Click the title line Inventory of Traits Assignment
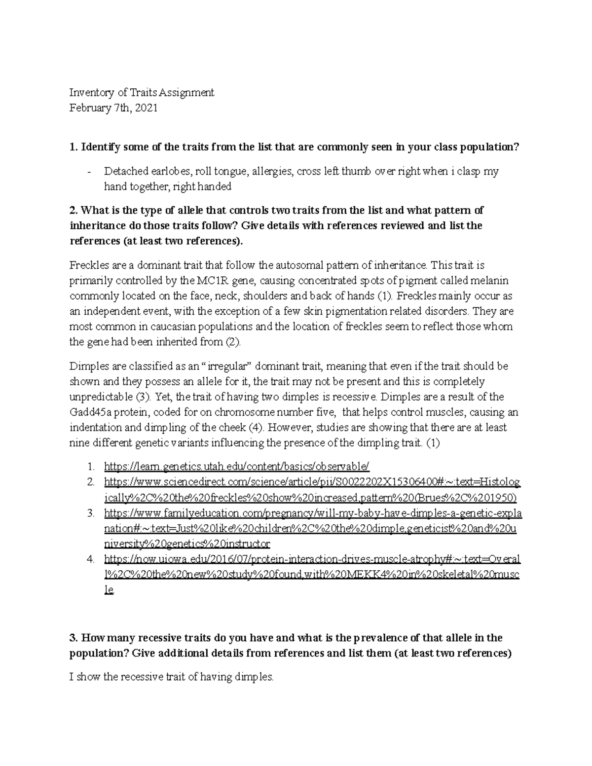point(142,92)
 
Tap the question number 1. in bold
point(74,147)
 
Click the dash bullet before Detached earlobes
point(88,172)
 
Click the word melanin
point(493,281)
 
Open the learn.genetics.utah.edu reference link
point(236,467)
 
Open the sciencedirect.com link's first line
point(312,482)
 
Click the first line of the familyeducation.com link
point(313,513)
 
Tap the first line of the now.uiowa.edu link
point(312,560)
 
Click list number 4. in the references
point(90,560)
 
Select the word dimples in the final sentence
point(255,677)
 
